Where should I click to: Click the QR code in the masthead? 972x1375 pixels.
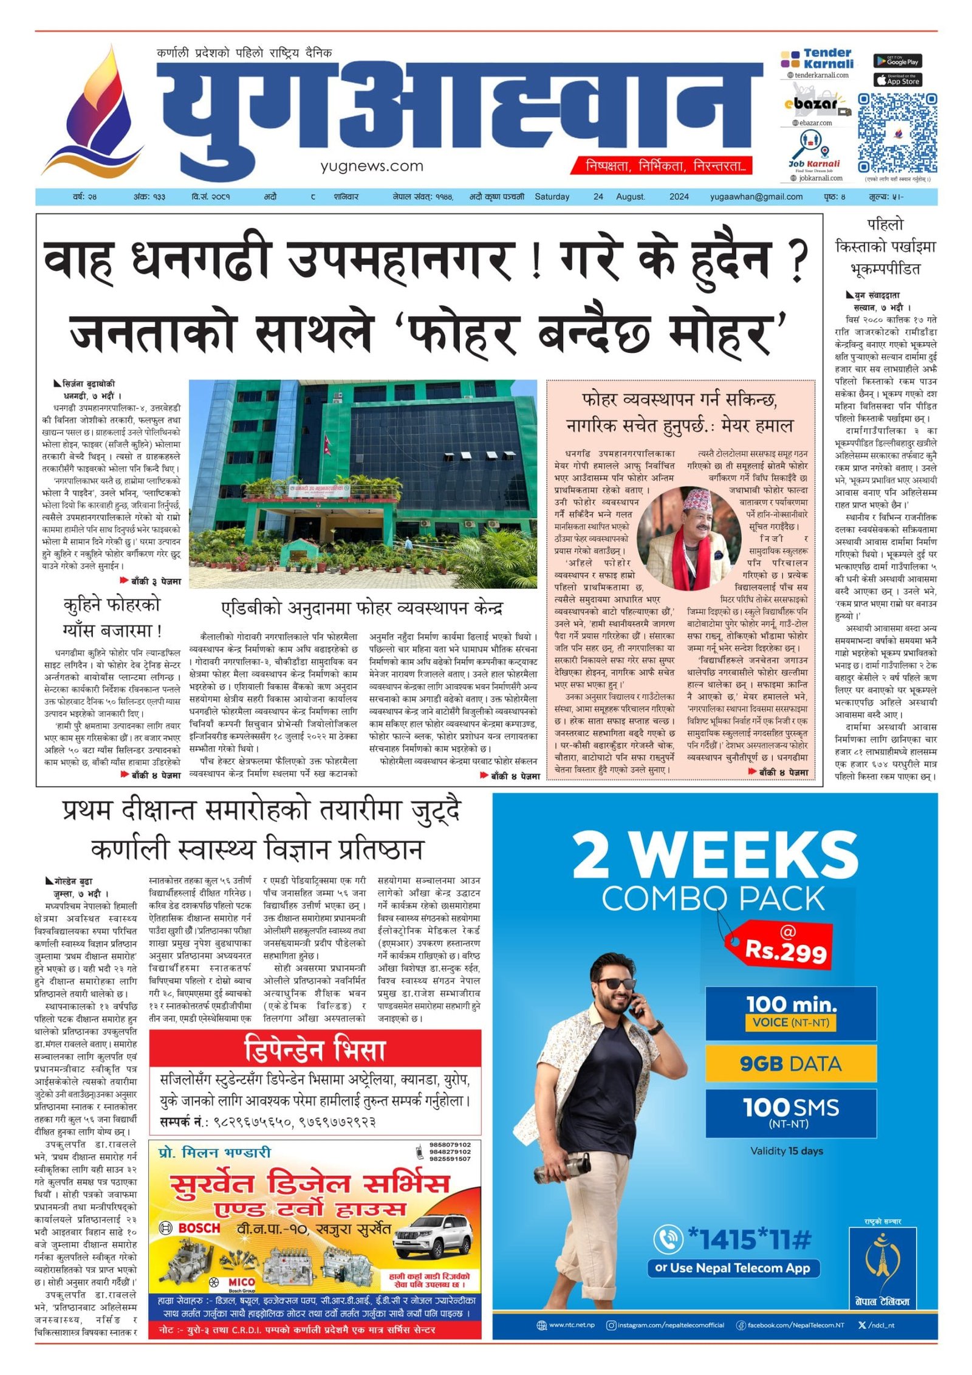pos(897,133)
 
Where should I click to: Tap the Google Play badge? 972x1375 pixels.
pos(897,61)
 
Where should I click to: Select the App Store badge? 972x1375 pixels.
pos(897,80)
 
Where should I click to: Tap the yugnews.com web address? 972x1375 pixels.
pos(372,166)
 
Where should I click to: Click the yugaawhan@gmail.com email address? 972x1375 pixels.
pos(756,197)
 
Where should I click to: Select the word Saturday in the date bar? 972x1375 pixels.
pos(552,197)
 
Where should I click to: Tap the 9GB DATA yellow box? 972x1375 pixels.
pos(790,1063)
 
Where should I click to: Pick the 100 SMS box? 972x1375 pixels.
pos(790,1111)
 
